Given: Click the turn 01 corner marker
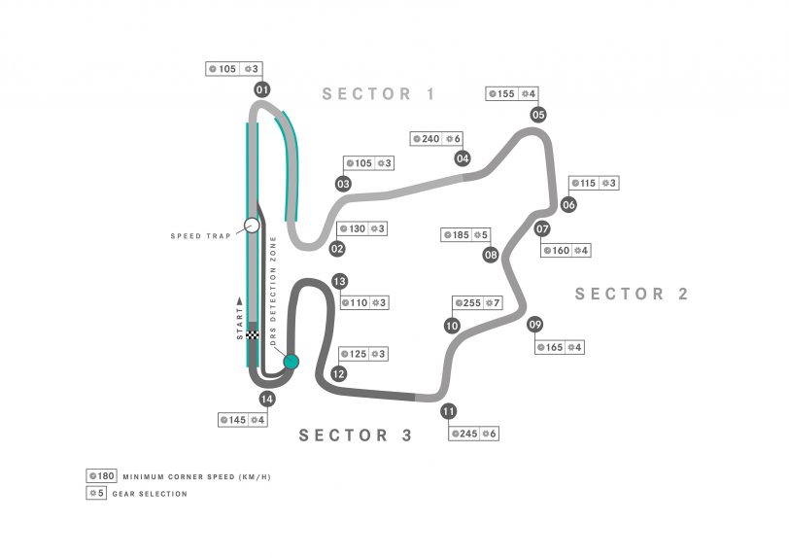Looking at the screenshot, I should tap(261, 90).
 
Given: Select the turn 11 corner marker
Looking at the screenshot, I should tap(448, 411).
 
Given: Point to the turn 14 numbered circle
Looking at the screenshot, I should tap(267, 398).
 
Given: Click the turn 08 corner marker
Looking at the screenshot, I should tap(491, 255).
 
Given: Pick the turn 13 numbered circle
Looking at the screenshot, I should tap(339, 281).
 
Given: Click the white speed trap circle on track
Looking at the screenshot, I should tap(252, 226).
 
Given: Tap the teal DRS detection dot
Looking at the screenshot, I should tap(291, 362).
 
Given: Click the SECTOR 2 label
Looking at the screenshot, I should tap(632, 294).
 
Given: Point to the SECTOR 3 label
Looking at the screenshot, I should tap(356, 436).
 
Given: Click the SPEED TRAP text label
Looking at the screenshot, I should tap(200, 236).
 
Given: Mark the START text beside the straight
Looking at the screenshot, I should tap(240, 320).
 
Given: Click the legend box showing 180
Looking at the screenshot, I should tap(101, 476).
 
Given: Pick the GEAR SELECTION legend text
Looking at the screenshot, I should tap(155, 494).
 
